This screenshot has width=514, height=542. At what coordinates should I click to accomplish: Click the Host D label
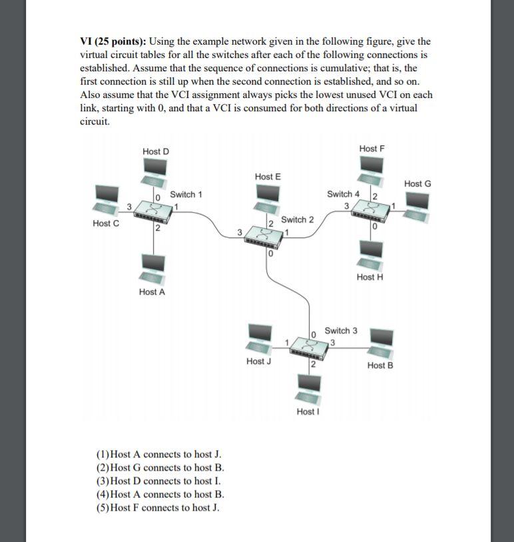[x=156, y=151]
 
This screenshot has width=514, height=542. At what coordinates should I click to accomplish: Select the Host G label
[x=417, y=183]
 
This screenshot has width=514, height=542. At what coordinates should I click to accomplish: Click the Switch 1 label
[x=186, y=195]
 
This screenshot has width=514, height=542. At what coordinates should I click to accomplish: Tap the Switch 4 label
[x=343, y=194]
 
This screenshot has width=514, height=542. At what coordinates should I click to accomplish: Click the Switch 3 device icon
[x=312, y=345]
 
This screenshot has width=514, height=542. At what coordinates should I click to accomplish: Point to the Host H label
[x=370, y=277]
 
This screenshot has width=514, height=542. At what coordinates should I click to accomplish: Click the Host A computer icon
[x=152, y=269]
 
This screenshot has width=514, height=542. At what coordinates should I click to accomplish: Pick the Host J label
[x=258, y=361]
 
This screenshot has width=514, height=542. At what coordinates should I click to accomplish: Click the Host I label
[x=308, y=411]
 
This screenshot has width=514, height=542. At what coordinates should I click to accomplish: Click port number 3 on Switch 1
[x=129, y=205]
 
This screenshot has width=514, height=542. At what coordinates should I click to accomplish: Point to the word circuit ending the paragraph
[x=95, y=122]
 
